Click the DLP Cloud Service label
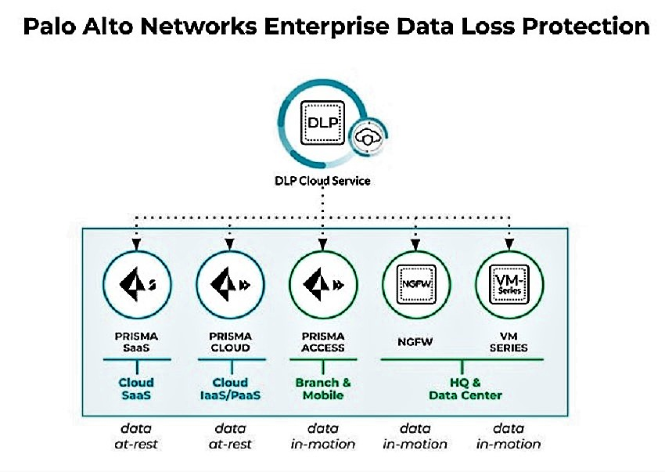(x=324, y=181)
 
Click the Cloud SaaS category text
(x=136, y=389)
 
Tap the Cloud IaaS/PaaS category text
(x=230, y=389)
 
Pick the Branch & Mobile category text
(x=323, y=389)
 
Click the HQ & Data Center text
(x=464, y=389)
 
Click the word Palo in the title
(x=52, y=27)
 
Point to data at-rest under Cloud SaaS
(x=136, y=436)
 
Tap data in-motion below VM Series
(x=509, y=436)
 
